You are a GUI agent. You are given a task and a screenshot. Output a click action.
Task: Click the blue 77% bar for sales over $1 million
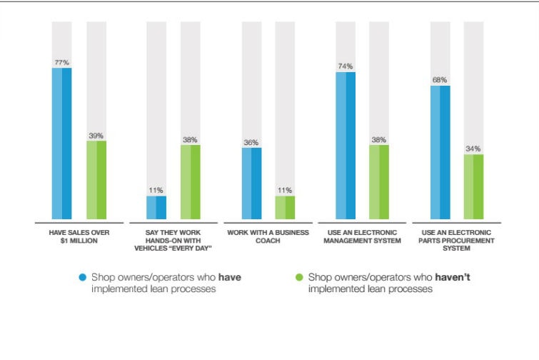coord(62,143)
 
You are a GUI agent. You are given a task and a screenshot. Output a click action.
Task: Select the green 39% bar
coord(96,180)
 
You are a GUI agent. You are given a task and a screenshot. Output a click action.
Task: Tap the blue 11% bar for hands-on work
coord(156,207)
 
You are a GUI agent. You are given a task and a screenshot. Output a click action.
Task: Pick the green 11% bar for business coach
coord(286,207)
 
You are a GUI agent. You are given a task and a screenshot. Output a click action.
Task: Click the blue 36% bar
coord(251,183)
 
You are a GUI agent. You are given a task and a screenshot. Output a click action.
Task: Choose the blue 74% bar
coord(346,145)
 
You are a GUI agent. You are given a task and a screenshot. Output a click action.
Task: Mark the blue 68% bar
coord(440,151)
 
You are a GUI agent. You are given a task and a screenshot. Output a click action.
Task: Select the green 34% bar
coord(474,186)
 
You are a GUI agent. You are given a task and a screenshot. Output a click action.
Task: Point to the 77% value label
coord(62,63)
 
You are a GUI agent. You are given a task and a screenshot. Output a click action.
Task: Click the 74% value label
coord(346,66)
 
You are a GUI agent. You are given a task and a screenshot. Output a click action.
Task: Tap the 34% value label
coord(474,149)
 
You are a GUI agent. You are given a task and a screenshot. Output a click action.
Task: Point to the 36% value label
coord(251,142)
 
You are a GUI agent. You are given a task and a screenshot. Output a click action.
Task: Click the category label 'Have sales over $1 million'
coord(79,237)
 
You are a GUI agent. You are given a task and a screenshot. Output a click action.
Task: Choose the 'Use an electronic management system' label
coord(363,237)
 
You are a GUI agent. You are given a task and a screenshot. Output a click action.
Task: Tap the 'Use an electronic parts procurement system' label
coord(457,241)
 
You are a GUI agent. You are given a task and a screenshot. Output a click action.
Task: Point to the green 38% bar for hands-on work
coord(191,182)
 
